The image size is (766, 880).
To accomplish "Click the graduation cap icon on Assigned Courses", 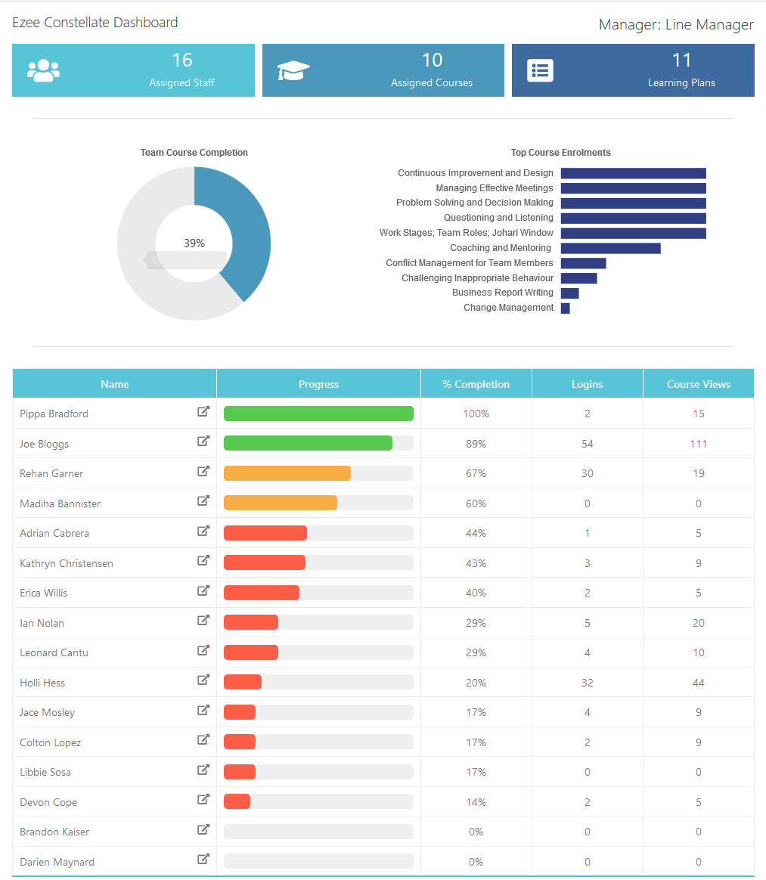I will tap(293, 70).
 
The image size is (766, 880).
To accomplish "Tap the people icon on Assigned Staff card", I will tap(43, 70).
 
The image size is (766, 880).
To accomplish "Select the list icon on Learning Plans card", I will tap(540, 70).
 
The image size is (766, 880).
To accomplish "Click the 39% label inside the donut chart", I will tap(194, 243).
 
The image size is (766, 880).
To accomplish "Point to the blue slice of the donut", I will tap(242, 227).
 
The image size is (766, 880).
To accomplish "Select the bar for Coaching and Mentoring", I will tap(610, 248).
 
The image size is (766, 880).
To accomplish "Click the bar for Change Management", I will tap(565, 308).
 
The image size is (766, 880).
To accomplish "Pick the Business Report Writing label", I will tap(502, 293).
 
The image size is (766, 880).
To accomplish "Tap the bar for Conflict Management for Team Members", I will tap(583, 263).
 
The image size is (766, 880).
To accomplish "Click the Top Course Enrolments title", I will tap(560, 153).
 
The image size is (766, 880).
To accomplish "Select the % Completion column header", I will tap(476, 384).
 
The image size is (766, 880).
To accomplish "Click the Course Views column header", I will tap(698, 384).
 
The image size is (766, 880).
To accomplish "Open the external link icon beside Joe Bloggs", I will tap(203, 442).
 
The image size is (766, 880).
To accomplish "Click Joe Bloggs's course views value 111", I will tap(698, 444).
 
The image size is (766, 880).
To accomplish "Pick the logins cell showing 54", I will tap(587, 444).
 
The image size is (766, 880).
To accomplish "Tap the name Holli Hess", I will tap(42, 683).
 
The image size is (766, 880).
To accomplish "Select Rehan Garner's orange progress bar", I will tap(287, 473).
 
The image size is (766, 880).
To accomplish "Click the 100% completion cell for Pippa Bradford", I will tap(476, 414).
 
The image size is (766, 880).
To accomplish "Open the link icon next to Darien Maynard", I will tap(203, 859).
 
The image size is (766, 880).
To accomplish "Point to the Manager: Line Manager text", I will tap(675, 25).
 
